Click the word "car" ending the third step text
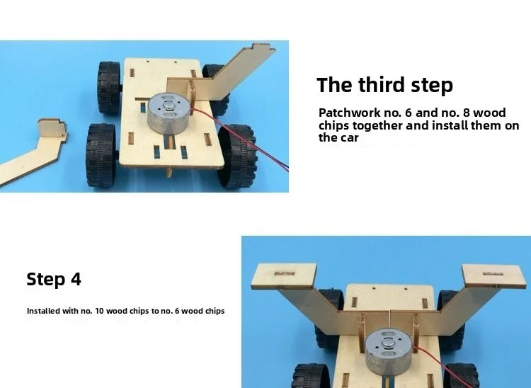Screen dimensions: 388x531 pyautogui.click(x=348, y=138)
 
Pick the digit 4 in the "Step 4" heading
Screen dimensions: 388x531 pyautogui.click(x=76, y=279)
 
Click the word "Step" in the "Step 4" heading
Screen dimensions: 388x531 pyautogui.click(x=47, y=279)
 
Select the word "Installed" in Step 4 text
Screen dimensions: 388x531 pyautogui.click(x=43, y=311)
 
